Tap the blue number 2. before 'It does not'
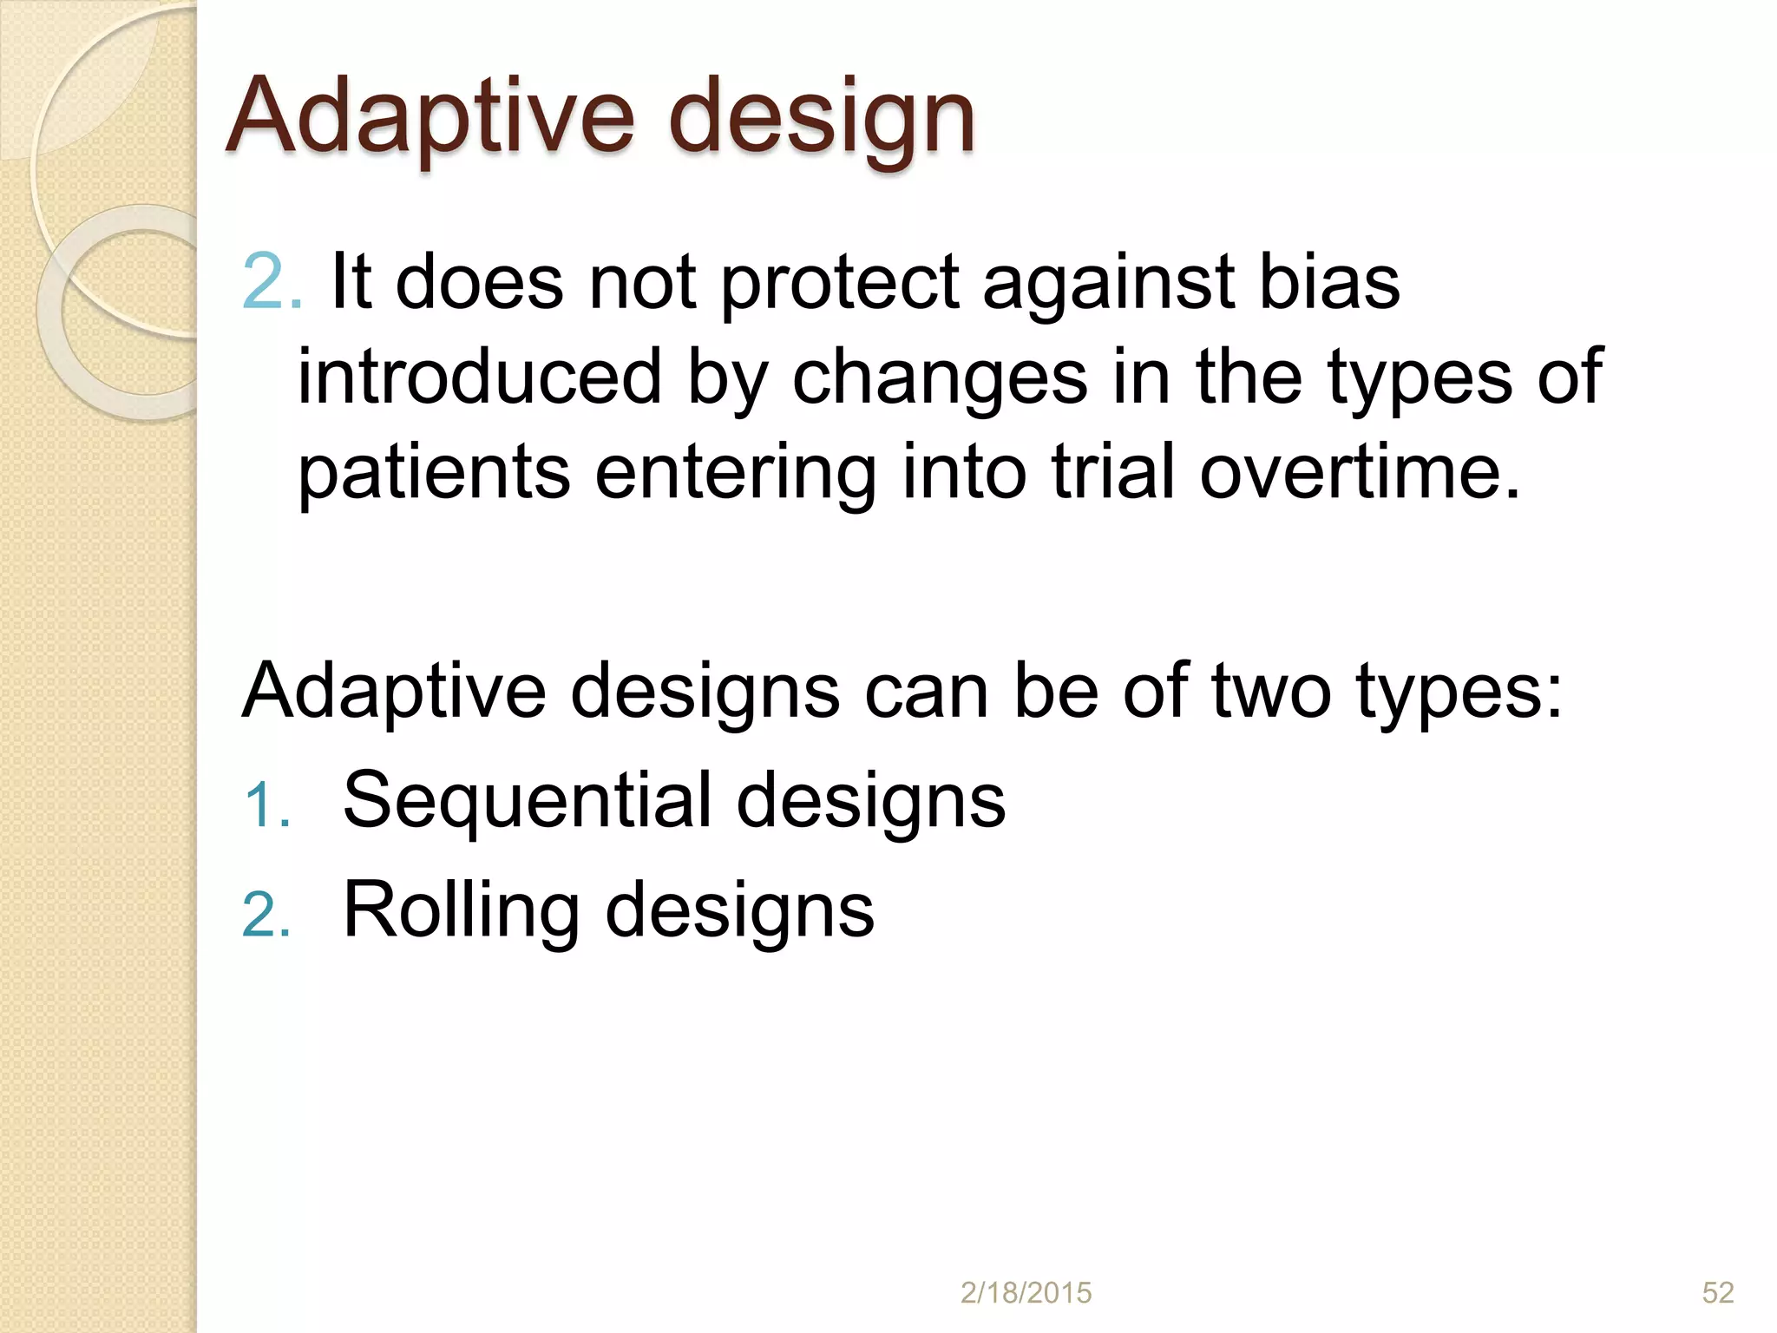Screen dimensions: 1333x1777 click(271, 282)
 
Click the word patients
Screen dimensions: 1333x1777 click(433, 474)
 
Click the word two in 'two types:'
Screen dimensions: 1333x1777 click(1271, 691)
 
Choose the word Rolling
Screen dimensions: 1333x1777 click(461, 910)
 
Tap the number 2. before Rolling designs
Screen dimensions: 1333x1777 click(266, 915)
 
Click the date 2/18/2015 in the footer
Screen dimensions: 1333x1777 click(1026, 1293)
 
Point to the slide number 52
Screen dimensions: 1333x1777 click(1717, 1293)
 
